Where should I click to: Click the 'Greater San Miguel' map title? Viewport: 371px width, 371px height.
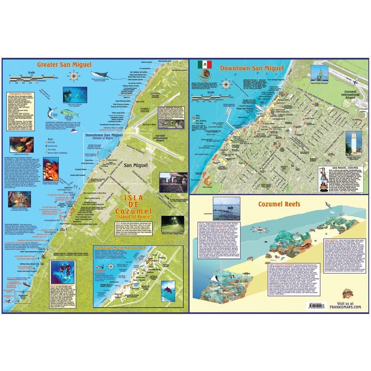pos(58,64)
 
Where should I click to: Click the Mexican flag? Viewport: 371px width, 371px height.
pos(204,64)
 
